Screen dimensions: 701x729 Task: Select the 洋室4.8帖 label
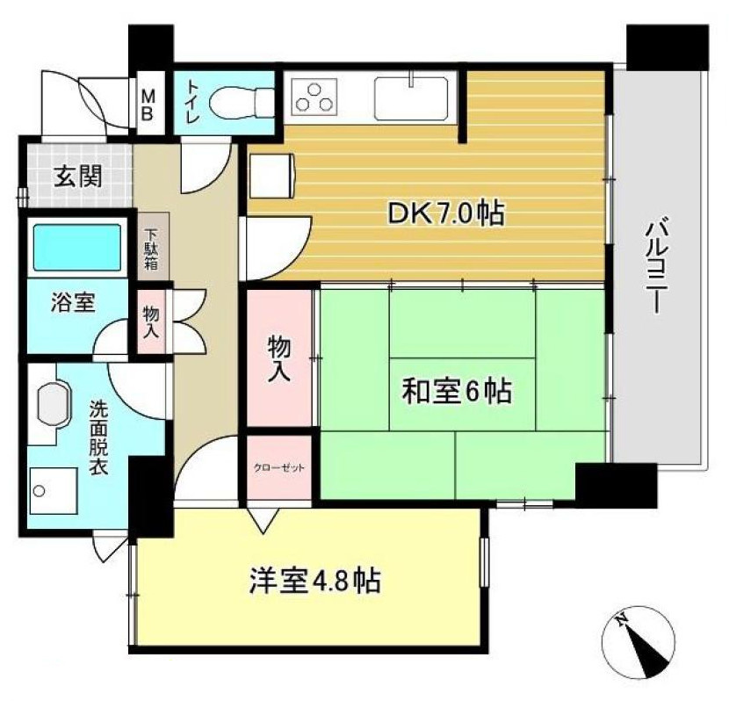(x=314, y=581)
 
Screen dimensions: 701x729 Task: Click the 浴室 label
(x=66, y=303)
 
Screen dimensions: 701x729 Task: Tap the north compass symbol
(x=640, y=641)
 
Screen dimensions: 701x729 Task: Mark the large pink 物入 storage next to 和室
(x=278, y=357)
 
